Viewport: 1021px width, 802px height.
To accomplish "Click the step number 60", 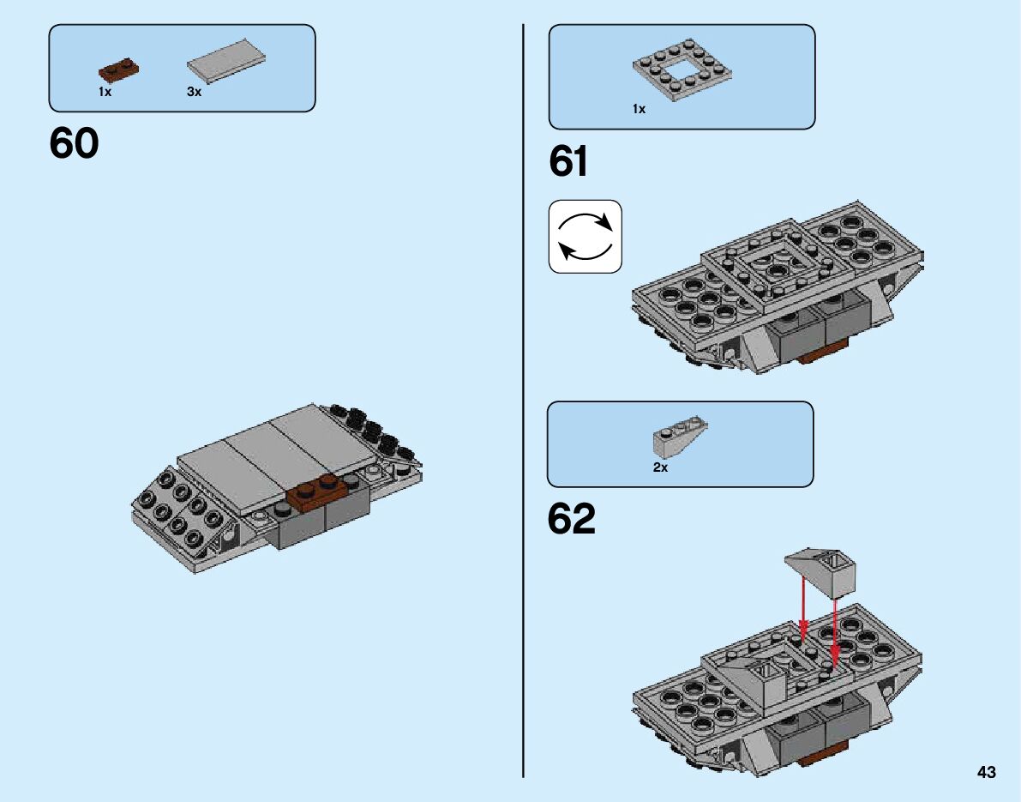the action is pos(74,144).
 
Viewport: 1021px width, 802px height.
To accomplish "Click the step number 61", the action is pos(568,161).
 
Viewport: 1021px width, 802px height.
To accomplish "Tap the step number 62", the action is pos(571,519).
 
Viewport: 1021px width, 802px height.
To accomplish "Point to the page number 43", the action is pos(985,773).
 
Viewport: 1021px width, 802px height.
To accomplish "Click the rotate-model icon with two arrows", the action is pos(585,237).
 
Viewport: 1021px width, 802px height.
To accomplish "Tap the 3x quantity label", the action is pos(194,92).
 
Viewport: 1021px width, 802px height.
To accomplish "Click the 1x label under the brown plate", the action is pos(105,92).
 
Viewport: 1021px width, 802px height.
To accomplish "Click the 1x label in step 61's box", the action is pos(639,110).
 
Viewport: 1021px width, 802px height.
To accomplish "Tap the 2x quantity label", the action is pos(660,468).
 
